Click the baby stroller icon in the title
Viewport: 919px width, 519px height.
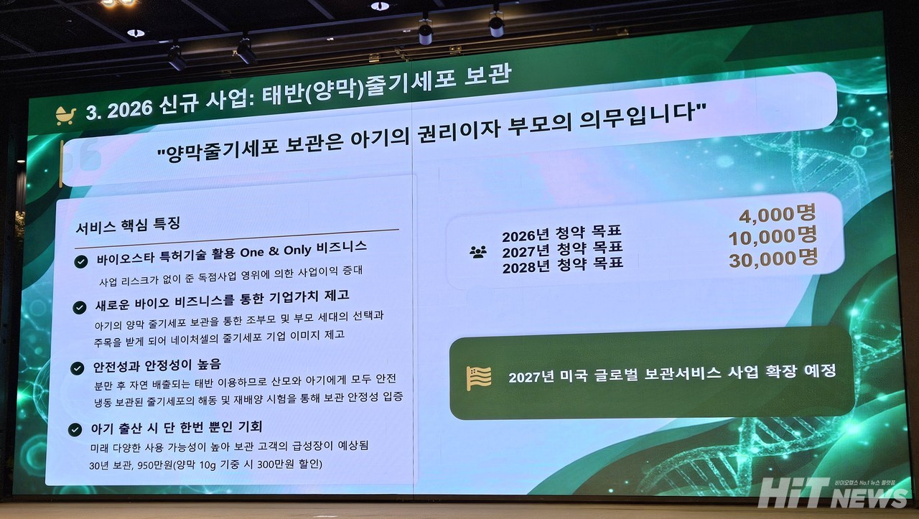[x=65, y=116]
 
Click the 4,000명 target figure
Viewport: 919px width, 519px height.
[x=778, y=214]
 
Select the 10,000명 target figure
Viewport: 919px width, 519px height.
[x=773, y=237]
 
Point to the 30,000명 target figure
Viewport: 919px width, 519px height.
[x=773, y=259]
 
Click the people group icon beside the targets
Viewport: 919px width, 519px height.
[x=478, y=252]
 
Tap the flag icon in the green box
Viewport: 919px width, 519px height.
[x=479, y=378]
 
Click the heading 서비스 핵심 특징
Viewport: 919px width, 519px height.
[x=128, y=225]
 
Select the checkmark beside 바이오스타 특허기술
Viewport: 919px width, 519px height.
[x=81, y=262]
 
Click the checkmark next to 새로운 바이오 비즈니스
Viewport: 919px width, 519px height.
[x=80, y=307]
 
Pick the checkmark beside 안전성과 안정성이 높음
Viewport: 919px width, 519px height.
[x=77, y=368]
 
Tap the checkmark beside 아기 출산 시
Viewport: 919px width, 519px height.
[x=75, y=429]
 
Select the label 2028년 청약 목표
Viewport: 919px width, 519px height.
[x=563, y=265]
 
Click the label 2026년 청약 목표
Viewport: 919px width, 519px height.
[x=561, y=233]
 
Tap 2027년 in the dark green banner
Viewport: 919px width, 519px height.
[x=531, y=377]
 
